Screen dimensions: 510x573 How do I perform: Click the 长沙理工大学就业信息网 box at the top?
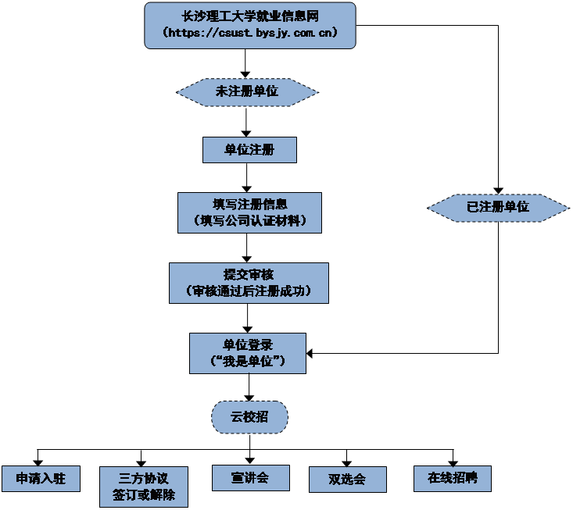click(x=249, y=16)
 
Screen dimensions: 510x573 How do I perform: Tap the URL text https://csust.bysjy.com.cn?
click(x=249, y=34)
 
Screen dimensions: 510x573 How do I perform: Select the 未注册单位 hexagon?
click(x=247, y=92)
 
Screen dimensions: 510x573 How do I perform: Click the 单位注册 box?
click(x=249, y=149)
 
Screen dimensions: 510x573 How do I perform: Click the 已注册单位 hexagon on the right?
click(x=498, y=207)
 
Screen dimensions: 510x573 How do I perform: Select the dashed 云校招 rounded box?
click(x=249, y=418)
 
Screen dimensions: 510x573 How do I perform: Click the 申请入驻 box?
click(x=40, y=478)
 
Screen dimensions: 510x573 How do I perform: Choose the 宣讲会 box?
click(x=250, y=477)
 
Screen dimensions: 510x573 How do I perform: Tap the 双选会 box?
click(x=347, y=479)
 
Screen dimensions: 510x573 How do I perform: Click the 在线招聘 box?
click(x=452, y=478)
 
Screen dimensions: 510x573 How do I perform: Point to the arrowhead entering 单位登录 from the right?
click(x=310, y=353)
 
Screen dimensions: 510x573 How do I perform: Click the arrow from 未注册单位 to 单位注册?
click(x=247, y=120)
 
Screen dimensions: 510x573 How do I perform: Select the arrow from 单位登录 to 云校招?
click(x=249, y=387)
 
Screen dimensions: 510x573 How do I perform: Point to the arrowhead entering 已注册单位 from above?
click(x=498, y=191)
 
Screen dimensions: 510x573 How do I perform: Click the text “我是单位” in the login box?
click(x=248, y=362)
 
